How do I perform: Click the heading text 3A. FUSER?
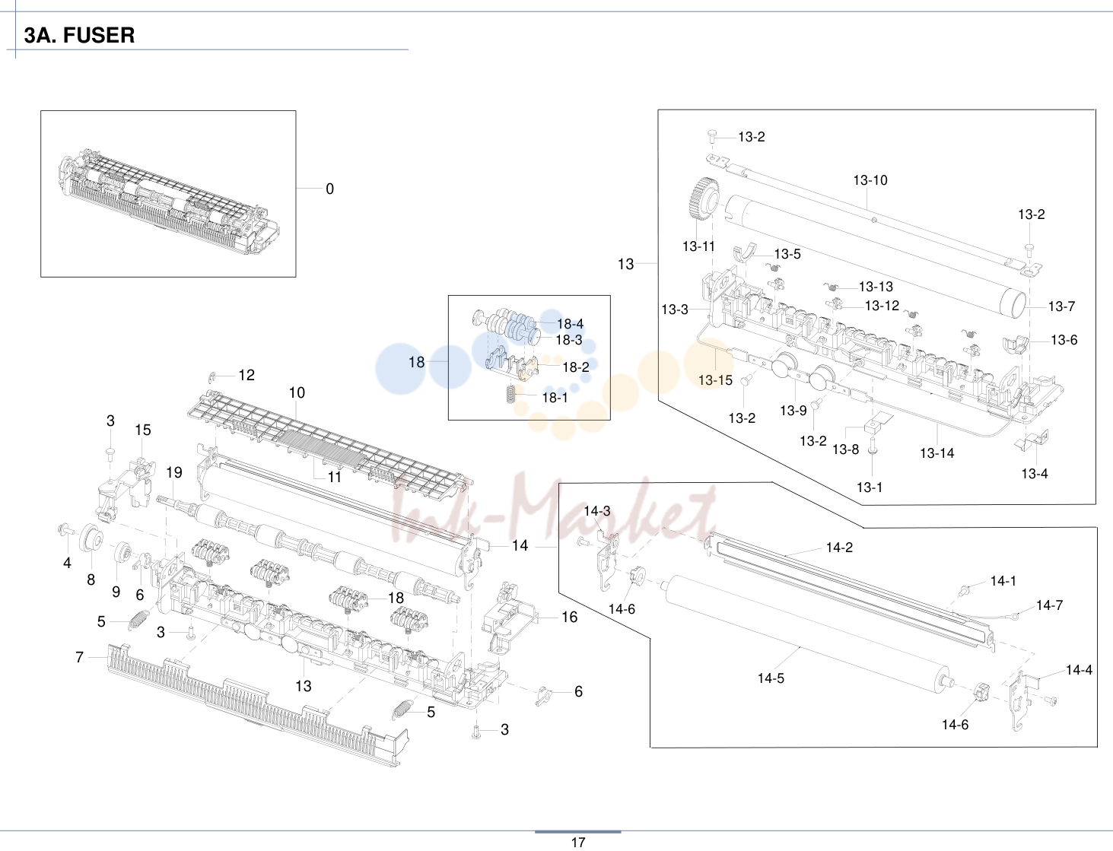[x=79, y=36]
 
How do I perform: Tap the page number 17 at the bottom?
[x=578, y=842]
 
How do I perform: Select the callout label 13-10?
[x=870, y=180]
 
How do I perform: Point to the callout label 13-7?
[x=1061, y=306]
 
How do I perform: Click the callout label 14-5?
[x=771, y=678]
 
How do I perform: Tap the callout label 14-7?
[x=1049, y=605]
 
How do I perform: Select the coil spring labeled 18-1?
[x=511, y=395]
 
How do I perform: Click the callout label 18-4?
[x=570, y=323]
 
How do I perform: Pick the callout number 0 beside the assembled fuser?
[x=329, y=189]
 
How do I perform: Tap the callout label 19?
[x=174, y=472]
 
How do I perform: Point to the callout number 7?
[x=79, y=657]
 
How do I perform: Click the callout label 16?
[x=569, y=617]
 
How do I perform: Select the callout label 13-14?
[x=937, y=453]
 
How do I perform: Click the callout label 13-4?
[x=1035, y=473]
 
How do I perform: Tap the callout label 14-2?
[x=839, y=548]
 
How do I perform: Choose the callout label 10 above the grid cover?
[x=297, y=393]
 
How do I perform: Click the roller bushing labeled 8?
[x=92, y=540]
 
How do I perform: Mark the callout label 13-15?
[x=715, y=380]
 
